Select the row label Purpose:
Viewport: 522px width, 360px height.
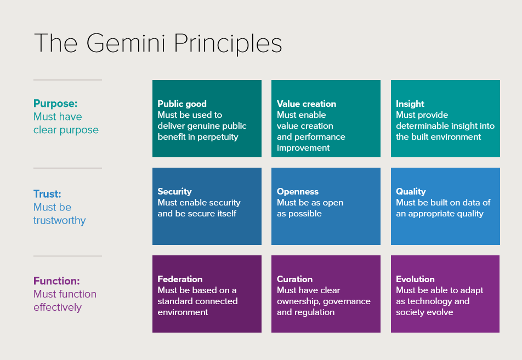point(55,104)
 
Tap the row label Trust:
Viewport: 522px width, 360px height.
point(47,193)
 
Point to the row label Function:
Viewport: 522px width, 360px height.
point(56,281)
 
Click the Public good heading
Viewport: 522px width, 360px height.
point(182,104)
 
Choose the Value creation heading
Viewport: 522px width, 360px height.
point(307,104)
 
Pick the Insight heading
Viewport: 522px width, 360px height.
point(410,104)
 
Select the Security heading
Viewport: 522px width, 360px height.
point(174,192)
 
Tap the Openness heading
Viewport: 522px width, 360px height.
point(298,192)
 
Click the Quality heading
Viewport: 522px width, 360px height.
point(411,192)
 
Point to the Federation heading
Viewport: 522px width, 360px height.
point(180,279)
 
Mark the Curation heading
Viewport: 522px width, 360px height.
point(294,279)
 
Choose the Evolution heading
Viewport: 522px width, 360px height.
point(415,279)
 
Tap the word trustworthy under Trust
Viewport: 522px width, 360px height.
point(60,221)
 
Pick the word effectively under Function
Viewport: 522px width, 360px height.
point(58,307)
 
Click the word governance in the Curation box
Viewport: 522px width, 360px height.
point(347,301)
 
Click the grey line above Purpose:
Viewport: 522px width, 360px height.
point(67,80)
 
